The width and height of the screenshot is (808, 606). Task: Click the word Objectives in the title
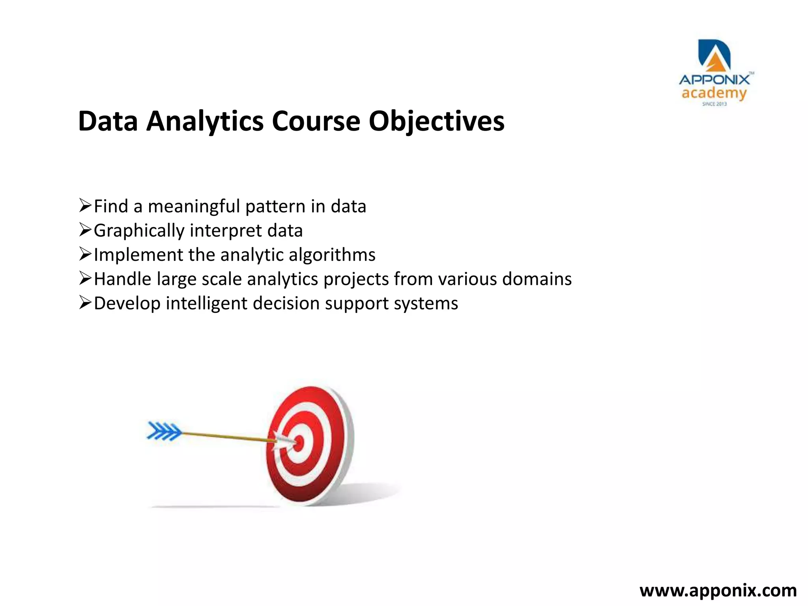click(436, 121)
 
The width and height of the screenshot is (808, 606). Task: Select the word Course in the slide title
click(316, 121)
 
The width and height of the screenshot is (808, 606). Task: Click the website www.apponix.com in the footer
click(718, 591)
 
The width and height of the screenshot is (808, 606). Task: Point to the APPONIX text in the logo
click(714, 80)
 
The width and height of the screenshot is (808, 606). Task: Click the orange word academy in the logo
click(714, 94)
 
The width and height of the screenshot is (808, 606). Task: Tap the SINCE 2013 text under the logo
click(714, 104)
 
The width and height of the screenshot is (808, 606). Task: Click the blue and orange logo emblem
click(714, 55)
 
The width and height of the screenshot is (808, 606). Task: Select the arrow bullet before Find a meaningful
click(85, 206)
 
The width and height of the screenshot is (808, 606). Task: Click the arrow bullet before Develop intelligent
click(85, 303)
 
